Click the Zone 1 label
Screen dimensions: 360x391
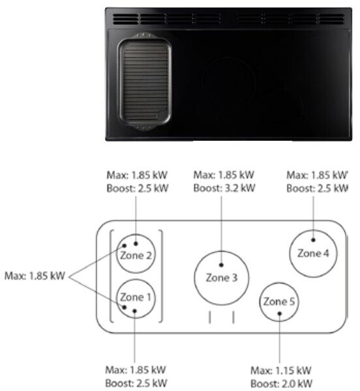136,297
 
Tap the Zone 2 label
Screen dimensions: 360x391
136,255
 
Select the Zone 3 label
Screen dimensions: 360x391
222,278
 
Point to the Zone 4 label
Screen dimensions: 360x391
313,253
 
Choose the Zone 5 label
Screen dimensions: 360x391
279,302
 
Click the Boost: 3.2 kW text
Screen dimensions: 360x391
224,188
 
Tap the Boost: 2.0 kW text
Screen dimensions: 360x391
281,384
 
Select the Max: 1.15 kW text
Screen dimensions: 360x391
280,370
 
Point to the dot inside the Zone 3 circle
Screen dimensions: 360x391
221,265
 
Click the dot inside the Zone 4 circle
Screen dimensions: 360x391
313,240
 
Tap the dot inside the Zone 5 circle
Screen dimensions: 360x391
279,313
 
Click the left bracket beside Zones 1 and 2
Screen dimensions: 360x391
110,276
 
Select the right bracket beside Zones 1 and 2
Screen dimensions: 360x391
162,276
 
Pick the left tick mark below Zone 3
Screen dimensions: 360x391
210,317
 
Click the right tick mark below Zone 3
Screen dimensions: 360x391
233,317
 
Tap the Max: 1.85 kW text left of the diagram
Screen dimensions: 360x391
35,276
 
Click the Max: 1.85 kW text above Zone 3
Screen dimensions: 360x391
224,175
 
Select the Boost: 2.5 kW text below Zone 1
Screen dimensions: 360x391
136,383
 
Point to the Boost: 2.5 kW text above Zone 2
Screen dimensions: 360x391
138,188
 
